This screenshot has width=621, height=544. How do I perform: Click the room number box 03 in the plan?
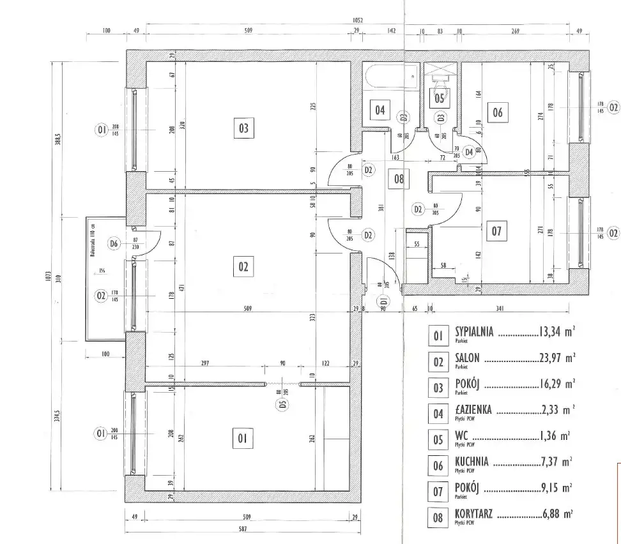click(x=243, y=128)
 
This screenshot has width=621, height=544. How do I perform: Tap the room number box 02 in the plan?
click(x=243, y=266)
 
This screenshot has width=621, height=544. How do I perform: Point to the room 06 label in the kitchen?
click(x=497, y=113)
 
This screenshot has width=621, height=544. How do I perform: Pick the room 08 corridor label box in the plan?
click(x=399, y=179)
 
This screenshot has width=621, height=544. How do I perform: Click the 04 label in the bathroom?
click(x=380, y=110)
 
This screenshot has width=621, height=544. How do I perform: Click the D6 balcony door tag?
click(x=114, y=243)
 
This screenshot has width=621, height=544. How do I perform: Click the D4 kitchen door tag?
click(x=470, y=152)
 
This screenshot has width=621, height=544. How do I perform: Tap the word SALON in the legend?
click(x=467, y=358)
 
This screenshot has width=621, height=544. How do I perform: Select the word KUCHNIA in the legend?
click(x=472, y=461)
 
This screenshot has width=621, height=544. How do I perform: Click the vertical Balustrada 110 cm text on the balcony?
click(x=93, y=243)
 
